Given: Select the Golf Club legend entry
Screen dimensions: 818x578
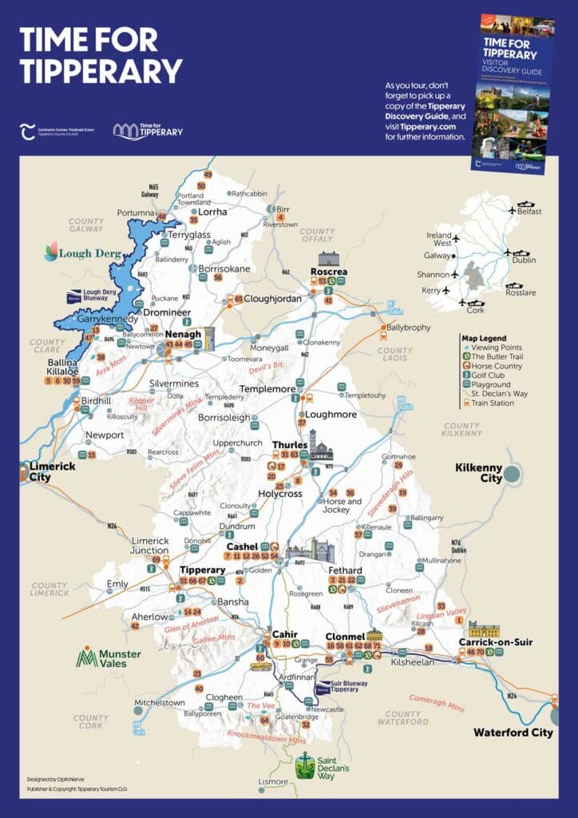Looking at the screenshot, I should [x=492, y=375].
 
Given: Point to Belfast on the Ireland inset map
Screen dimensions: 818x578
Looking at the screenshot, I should [x=529, y=211].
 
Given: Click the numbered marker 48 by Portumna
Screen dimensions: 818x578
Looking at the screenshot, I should [x=162, y=216].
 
